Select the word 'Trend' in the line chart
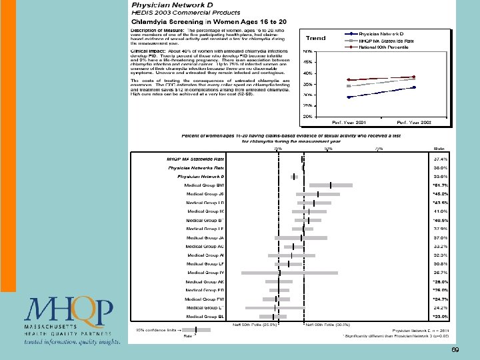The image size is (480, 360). [315, 38]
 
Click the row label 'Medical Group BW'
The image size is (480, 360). [207, 185]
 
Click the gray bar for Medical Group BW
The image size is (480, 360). [331, 185]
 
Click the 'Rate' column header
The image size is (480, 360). [439, 149]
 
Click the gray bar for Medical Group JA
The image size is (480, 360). [301, 238]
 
